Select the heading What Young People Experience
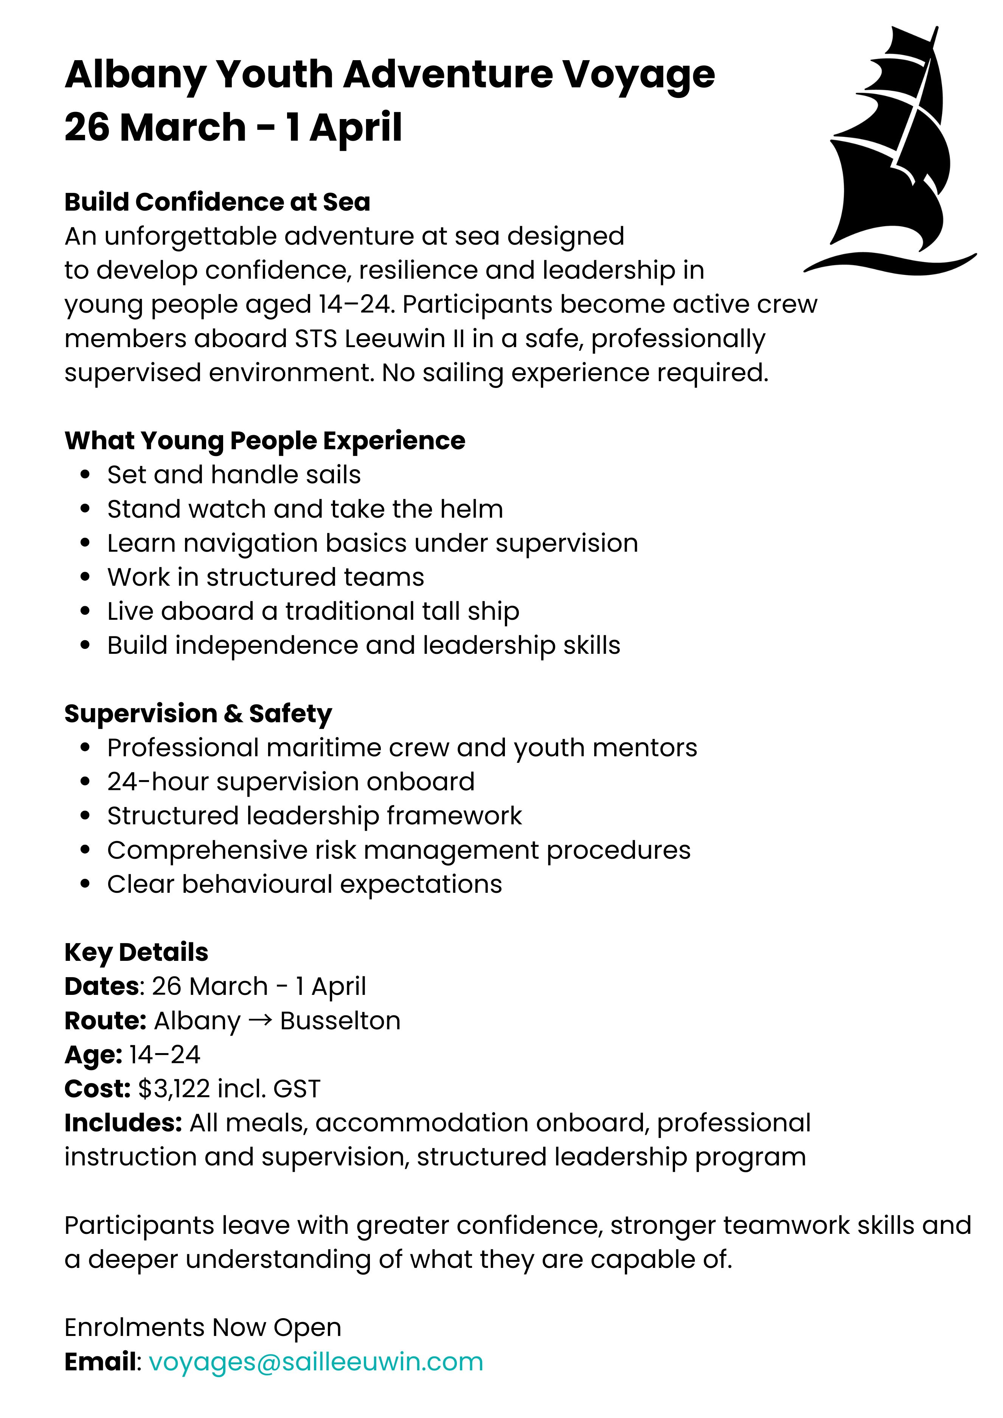[264, 441]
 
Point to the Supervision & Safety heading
[198, 713]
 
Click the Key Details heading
[136, 953]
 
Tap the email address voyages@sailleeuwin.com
[315, 1361]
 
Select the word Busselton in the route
[340, 1021]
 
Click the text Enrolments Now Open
[203, 1327]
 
